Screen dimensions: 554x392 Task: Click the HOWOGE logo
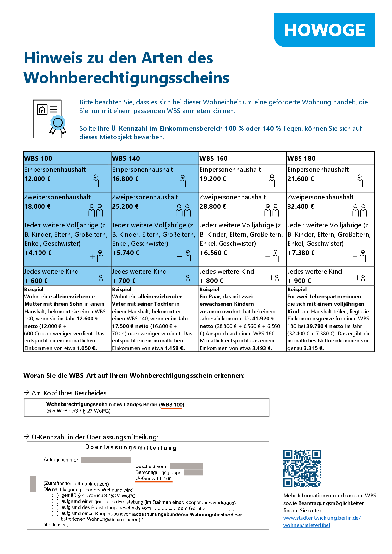tap(325, 30)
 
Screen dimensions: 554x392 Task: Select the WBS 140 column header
tap(126, 158)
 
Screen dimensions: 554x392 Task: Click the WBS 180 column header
tap(301, 158)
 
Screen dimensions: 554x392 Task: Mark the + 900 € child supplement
tap(299, 281)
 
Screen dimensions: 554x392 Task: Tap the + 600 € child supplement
tap(36, 281)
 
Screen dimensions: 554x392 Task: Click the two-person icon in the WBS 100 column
tap(95, 210)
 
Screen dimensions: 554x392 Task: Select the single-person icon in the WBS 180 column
tap(360, 181)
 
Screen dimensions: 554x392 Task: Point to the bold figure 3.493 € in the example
tap(262, 348)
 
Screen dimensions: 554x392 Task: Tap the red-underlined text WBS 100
tap(171, 405)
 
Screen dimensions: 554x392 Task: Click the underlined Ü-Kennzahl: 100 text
tap(154, 479)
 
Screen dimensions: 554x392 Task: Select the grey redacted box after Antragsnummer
tap(106, 460)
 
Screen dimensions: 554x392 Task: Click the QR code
tap(302, 468)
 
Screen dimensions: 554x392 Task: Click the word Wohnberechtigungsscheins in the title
tap(126, 78)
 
